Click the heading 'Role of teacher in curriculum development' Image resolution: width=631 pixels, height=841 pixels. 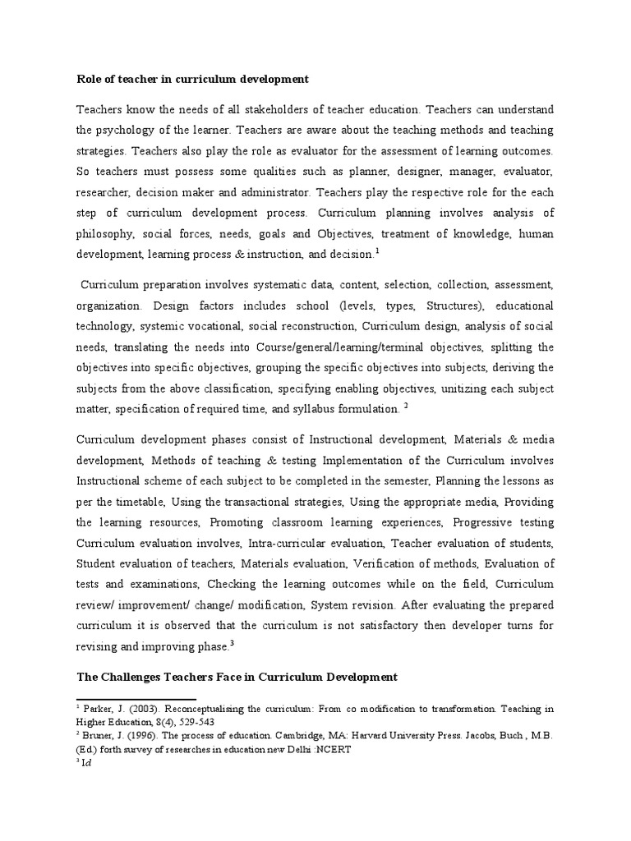tap(192, 80)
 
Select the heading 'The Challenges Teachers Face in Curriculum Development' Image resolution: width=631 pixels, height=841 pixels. tap(237, 677)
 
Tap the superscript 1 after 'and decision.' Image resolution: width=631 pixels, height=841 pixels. tap(376, 250)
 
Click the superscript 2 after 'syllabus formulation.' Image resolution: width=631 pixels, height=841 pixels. tap(406, 405)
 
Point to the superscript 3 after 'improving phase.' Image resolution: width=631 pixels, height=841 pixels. tap(232, 644)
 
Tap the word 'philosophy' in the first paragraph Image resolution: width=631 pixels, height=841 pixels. tap(108, 234)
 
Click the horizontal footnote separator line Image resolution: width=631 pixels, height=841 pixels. tap(127, 696)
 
